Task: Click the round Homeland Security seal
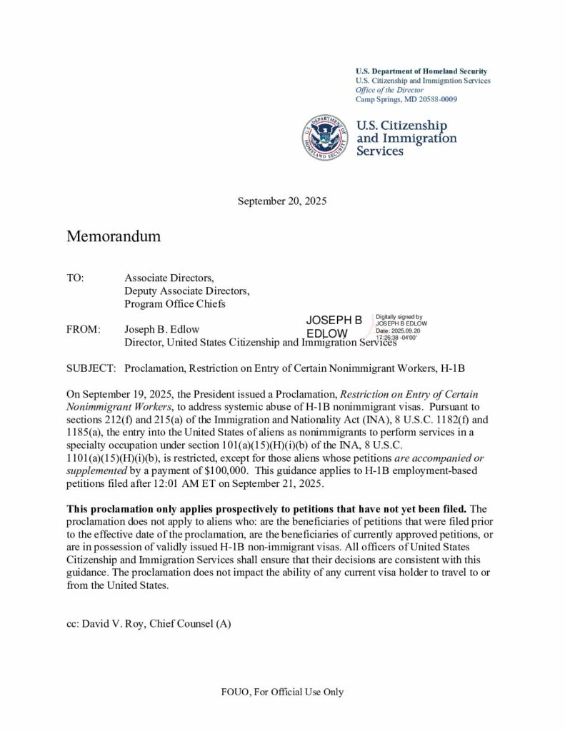(x=326, y=136)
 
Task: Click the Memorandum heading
(x=114, y=236)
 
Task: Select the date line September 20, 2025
(x=281, y=201)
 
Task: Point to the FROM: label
(x=83, y=330)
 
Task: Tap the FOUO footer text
(x=281, y=692)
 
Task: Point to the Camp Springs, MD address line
(x=406, y=99)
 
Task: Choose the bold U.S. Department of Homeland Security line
(x=421, y=71)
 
